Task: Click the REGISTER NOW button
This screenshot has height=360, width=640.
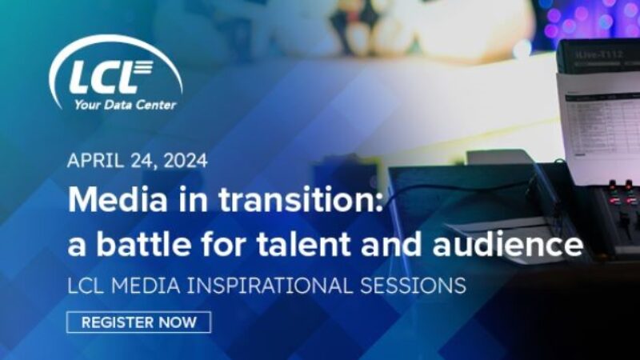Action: pos(138,322)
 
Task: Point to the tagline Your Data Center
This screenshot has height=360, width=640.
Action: pos(125,104)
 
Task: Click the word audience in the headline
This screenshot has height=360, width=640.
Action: pos(507,244)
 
